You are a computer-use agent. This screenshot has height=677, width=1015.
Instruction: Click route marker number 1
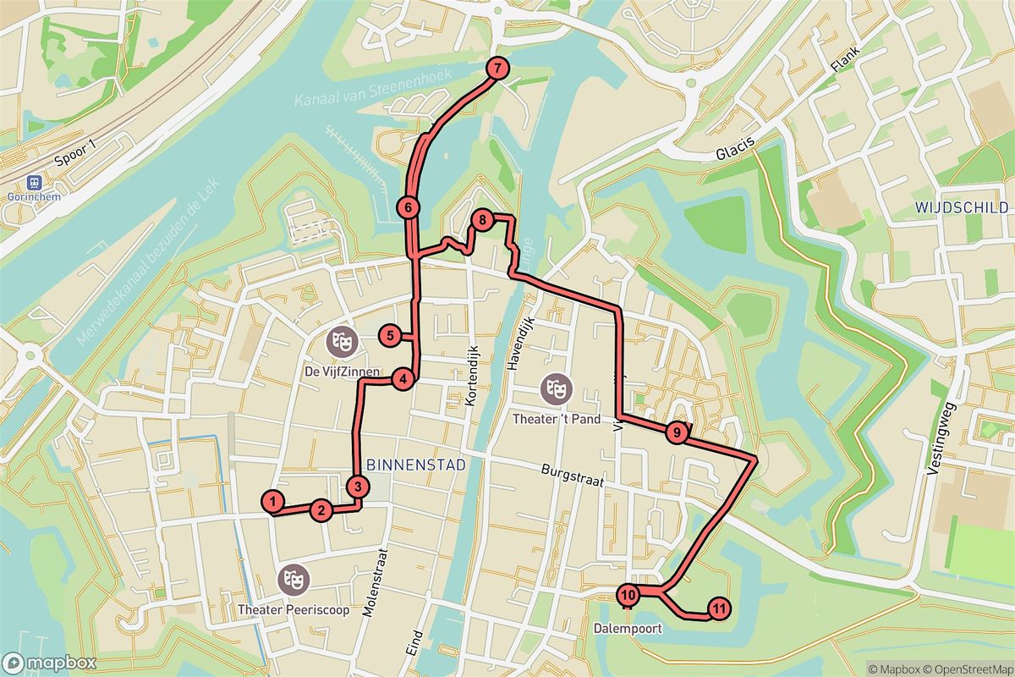[273, 502]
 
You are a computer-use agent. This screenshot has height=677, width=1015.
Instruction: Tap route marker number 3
[359, 487]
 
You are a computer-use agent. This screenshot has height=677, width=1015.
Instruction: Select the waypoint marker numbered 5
[389, 336]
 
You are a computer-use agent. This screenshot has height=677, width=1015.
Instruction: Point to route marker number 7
[497, 69]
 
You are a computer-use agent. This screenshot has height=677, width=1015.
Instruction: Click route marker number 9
[676, 433]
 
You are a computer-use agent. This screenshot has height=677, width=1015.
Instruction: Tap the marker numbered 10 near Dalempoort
[628, 596]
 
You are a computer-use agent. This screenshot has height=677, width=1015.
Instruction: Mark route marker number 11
[718, 608]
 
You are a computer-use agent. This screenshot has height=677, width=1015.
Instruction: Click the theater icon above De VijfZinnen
[343, 342]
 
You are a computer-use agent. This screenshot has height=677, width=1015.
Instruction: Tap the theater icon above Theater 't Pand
[556, 389]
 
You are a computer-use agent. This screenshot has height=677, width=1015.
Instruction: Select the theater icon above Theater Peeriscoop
[294, 580]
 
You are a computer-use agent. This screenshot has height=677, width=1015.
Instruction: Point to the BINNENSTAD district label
[405, 465]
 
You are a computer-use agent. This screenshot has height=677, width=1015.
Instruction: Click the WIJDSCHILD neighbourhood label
[961, 207]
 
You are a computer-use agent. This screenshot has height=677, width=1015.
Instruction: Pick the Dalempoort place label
[627, 629]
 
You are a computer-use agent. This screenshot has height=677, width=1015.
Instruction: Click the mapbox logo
[48, 663]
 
